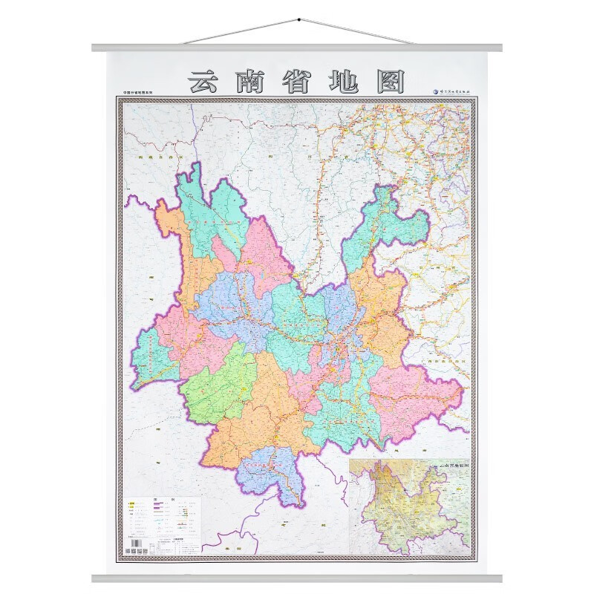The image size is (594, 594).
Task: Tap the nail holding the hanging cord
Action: click(297, 18)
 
